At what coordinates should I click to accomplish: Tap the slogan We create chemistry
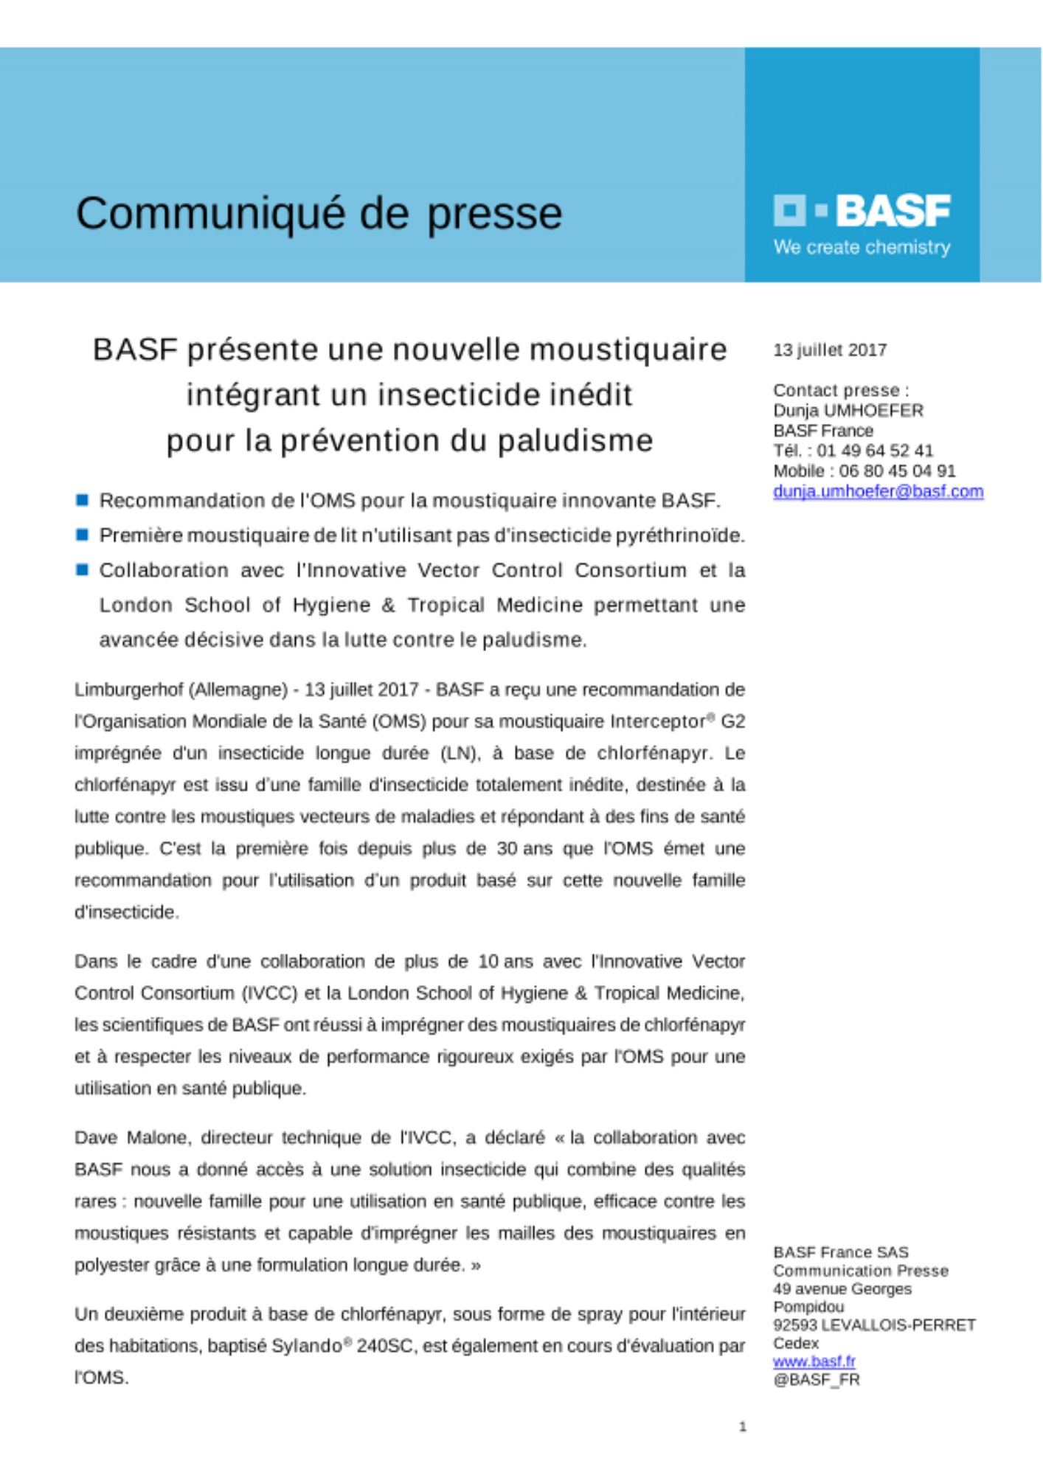coord(862,247)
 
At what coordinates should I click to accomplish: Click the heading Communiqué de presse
coord(319,214)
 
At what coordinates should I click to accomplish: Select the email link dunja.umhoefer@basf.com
coord(878,491)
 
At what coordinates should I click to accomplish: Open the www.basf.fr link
coord(814,1361)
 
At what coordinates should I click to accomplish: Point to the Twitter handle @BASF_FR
coord(816,1380)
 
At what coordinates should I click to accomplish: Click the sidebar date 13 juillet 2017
coord(830,350)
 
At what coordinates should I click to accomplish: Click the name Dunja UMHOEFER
coord(848,411)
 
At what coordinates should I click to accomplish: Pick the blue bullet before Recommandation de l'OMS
coord(83,501)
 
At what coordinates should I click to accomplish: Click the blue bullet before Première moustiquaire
coord(83,535)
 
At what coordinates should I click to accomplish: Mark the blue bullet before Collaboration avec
coord(83,569)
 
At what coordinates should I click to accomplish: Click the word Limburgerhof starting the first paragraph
coord(128,690)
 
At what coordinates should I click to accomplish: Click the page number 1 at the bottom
coord(743,1427)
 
